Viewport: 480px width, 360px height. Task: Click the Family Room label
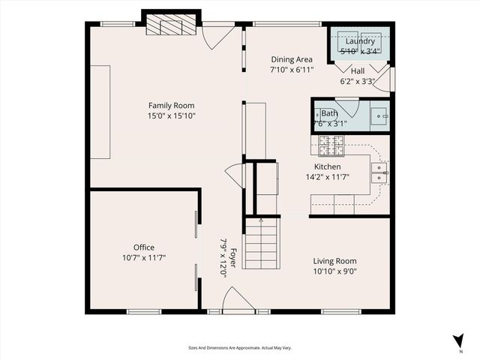[x=171, y=106]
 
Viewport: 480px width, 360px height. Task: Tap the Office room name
[x=144, y=247]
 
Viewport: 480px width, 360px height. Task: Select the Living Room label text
[x=334, y=261]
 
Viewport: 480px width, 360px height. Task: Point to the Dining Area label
[x=292, y=59]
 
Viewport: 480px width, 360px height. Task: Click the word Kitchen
[x=328, y=166]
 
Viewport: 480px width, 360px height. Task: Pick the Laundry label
[x=360, y=42]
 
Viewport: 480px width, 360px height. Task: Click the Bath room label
[x=329, y=113]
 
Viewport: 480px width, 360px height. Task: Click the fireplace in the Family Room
[x=172, y=25]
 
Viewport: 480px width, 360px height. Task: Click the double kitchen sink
[x=379, y=172]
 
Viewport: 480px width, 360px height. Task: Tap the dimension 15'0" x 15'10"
[x=171, y=116]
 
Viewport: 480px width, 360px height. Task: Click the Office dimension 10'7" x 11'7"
[x=144, y=257]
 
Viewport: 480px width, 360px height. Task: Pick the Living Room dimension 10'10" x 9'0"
[x=334, y=271]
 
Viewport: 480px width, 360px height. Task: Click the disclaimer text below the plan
[x=239, y=348]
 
